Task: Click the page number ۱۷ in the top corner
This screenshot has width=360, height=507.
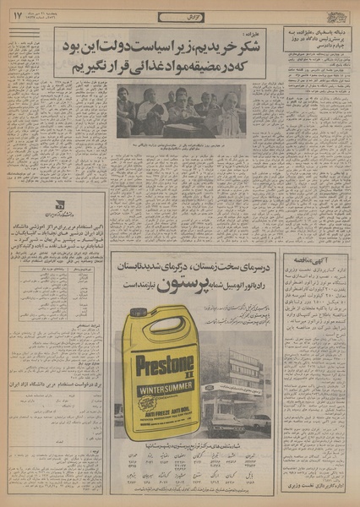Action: pyautogui.click(x=17, y=14)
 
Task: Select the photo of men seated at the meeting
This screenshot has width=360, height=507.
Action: pyautogui.click(x=182, y=112)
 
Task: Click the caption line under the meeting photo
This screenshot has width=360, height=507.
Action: pyautogui.click(x=182, y=145)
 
